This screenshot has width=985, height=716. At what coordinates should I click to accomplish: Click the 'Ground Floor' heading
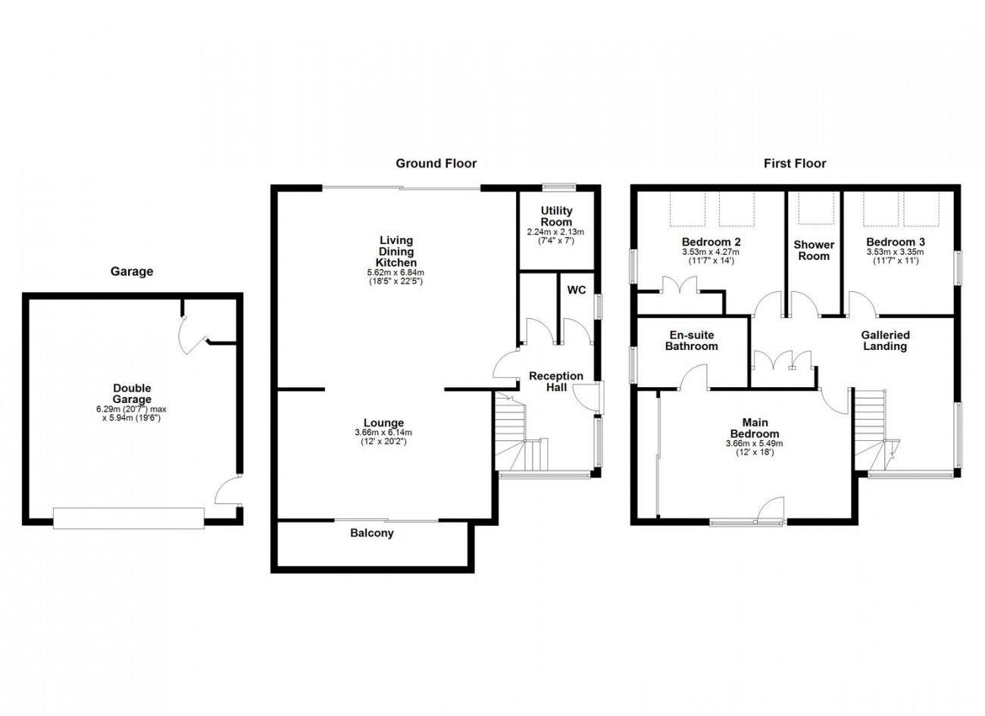point(436,164)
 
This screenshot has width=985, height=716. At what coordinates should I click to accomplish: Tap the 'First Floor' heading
point(795,164)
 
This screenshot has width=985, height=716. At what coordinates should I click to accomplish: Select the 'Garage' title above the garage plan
point(132,271)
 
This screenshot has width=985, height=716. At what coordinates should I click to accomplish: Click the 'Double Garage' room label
point(132,394)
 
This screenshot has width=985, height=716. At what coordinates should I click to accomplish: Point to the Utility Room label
point(556,217)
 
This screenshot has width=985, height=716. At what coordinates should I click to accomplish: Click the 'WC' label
point(577,290)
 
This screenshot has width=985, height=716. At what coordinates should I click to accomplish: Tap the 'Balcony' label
point(372,533)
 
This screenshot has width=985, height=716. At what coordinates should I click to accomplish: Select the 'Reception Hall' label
point(556,382)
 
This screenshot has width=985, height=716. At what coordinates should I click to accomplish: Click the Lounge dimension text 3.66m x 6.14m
point(383,433)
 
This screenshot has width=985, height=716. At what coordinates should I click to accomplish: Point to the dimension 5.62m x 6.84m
point(396,273)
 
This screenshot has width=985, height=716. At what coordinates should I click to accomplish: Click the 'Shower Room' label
point(814,250)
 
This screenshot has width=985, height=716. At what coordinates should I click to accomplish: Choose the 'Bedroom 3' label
point(896,242)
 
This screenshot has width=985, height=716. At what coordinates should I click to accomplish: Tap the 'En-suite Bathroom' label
point(691,341)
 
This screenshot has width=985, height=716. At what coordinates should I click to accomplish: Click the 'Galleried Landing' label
point(885,341)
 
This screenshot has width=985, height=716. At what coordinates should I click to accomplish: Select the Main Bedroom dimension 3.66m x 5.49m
point(755,444)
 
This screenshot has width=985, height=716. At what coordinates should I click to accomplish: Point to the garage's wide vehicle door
point(129,518)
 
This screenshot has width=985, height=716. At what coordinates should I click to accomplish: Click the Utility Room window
point(559,187)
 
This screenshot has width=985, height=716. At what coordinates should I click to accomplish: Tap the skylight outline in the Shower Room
point(816,208)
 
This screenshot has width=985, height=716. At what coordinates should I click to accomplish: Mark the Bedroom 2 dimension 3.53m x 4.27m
point(711,252)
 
